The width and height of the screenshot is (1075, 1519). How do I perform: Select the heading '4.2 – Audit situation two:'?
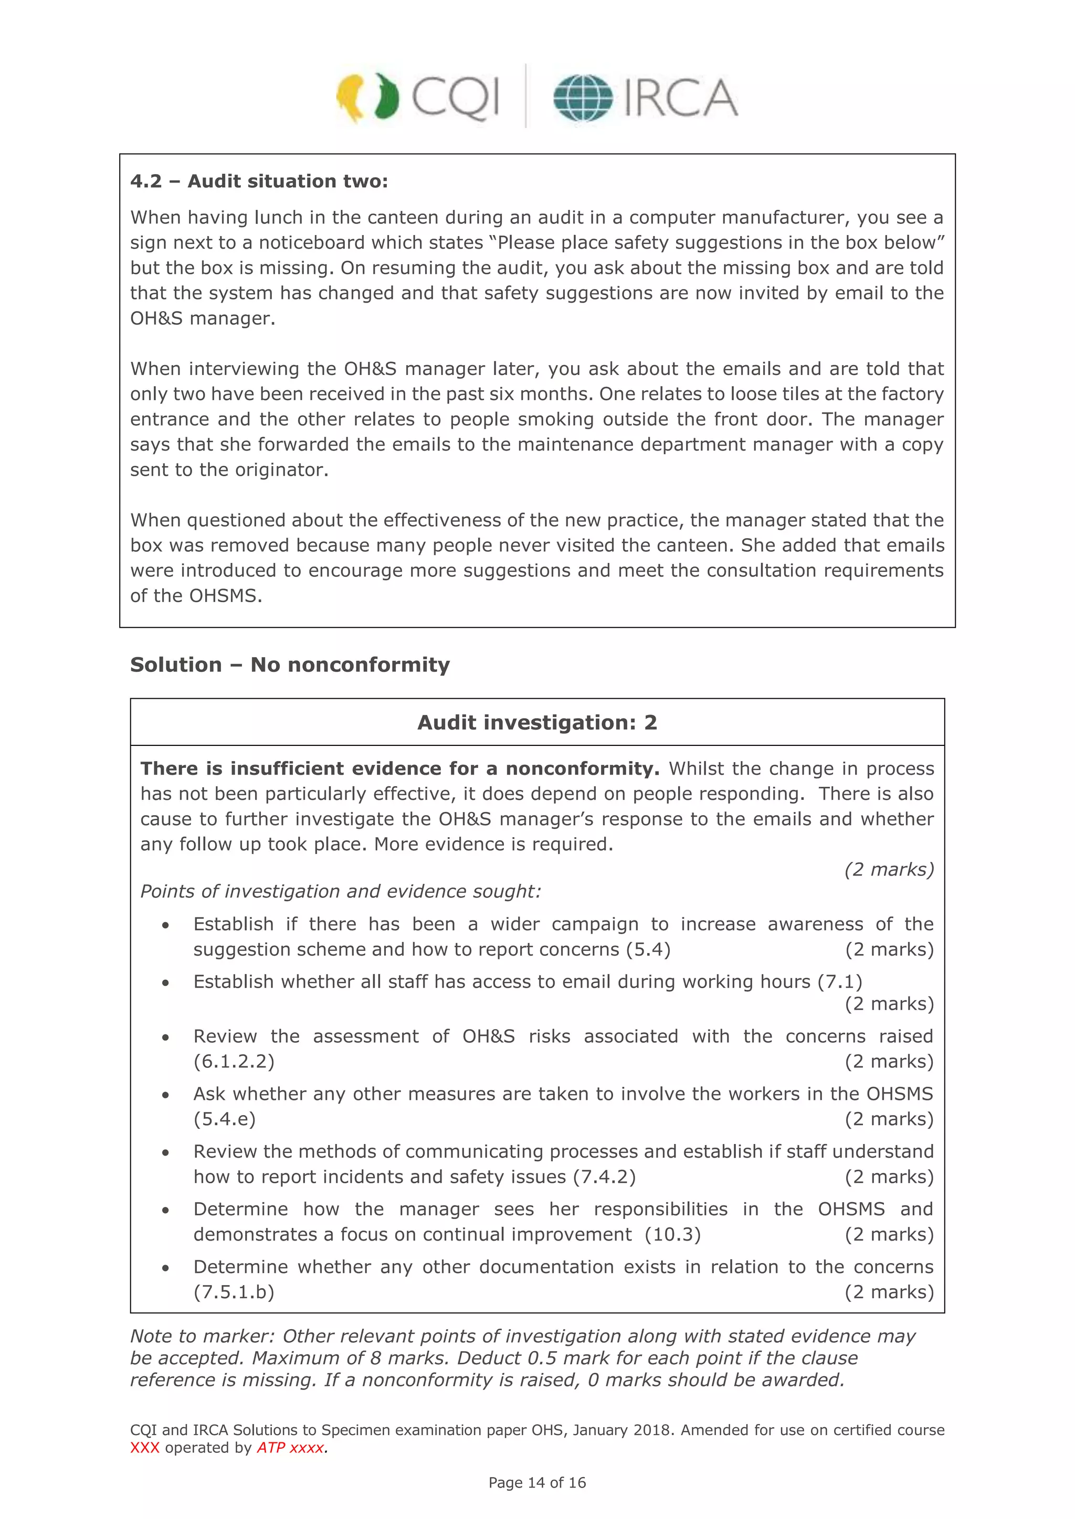[259, 181]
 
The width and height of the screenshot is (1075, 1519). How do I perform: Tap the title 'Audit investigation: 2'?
[537, 722]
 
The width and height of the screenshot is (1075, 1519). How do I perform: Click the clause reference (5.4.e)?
[225, 1119]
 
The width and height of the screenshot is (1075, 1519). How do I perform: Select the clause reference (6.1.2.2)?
[234, 1061]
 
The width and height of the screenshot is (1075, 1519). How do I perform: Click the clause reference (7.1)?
[839, 981]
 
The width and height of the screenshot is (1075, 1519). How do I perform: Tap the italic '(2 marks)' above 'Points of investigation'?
[888, 869]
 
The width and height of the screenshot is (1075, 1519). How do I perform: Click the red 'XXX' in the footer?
[144, 1448]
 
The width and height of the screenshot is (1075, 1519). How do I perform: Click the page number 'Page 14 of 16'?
[537, 1483]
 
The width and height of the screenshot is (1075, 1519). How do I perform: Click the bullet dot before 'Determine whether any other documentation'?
[165, 1268]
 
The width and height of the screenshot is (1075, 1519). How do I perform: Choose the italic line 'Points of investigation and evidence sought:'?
[340, 891]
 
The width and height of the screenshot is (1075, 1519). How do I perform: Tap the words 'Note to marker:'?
[202, 1336]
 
